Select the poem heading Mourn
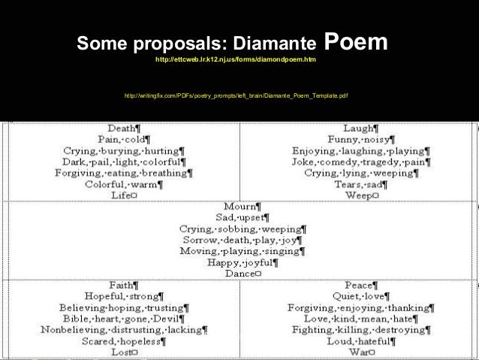tap(240, 205)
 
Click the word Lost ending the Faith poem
tap(120, 352)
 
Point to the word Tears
tap(349, 184)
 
